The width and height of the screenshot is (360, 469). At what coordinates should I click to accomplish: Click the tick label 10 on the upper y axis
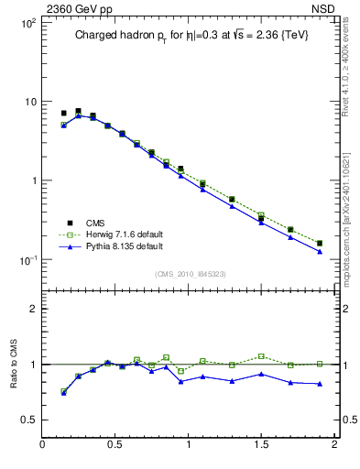pyautogui.click(x=29, y=102)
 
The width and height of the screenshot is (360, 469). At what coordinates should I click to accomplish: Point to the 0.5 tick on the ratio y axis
pyautogui.click(x=28, y=420)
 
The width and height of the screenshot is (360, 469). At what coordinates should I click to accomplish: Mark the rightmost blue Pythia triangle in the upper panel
pyautogui.click(x=319, y=251)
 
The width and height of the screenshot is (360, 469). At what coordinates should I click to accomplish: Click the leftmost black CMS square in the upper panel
pyautogui.click(x=63, y=114)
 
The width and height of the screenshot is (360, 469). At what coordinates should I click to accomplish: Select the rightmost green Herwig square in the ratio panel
pyautogui.click(x=319, y=364)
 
